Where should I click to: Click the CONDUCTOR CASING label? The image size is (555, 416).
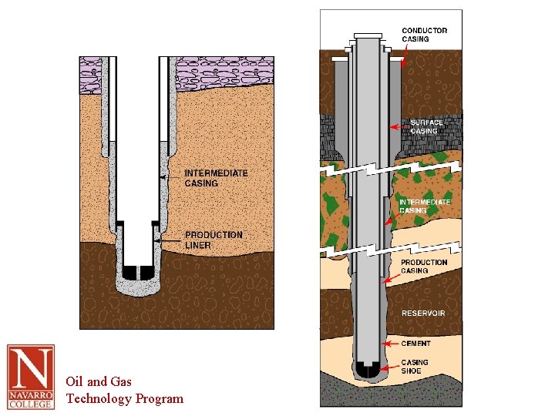point(424,35)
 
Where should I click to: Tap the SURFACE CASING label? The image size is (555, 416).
point(426,126)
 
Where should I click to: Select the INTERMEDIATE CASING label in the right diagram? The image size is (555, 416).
point(425,206)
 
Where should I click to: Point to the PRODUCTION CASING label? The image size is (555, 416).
point(424,267)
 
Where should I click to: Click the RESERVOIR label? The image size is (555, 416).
point(423,314)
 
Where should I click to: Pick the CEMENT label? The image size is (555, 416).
point(416,344)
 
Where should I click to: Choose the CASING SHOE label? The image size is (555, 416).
point(415,367)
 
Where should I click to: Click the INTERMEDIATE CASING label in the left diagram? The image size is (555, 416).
point(216,178)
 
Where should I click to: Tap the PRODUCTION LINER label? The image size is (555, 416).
point(213,240)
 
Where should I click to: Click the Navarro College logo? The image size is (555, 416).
point(31,377)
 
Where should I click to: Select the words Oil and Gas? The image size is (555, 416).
point(99,381)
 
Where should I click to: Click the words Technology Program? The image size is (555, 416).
point(125,398)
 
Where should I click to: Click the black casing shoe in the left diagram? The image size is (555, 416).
point(136,273)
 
